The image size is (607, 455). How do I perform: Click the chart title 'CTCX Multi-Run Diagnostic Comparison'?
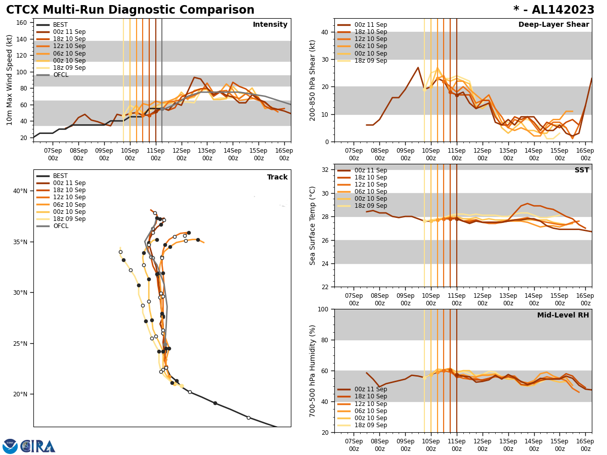coord(130,10)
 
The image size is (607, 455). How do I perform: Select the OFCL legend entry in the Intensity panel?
coord(61,75)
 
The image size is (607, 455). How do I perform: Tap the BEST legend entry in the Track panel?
coord(60,176)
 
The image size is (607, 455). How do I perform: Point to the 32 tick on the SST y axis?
coord(324,170)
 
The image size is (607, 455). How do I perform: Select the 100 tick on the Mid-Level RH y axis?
coord(322,309)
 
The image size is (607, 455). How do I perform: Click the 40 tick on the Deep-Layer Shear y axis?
coord(324,32)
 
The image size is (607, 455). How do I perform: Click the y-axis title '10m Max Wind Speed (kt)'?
coord(10,80)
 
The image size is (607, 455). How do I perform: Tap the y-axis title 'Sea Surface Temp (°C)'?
coord(313,225)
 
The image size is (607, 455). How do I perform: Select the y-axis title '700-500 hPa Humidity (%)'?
coord(313,371)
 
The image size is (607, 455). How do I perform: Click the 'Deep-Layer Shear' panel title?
coord(553,25)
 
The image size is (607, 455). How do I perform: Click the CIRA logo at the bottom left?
coord(38,446)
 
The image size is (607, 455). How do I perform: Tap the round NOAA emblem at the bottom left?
coord(10,446)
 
